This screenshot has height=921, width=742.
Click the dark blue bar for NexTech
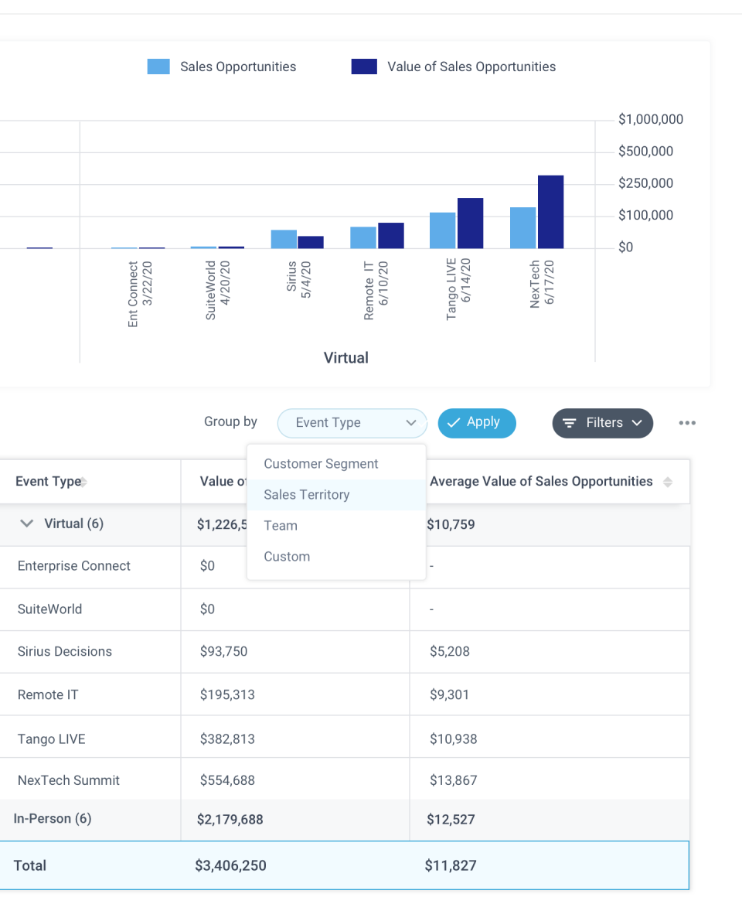point(550,212)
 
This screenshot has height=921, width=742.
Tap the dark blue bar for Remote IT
point(391,236)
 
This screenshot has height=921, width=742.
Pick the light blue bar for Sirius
point(284,239)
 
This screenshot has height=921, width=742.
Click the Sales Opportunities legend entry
point(222,67)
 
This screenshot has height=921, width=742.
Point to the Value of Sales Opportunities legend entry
point(454,67)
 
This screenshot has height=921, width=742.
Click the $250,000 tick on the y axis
point(645,183)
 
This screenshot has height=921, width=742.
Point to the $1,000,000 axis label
point(650,120)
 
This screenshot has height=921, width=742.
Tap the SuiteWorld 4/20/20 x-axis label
point(218,292)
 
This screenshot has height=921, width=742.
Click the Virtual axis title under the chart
point(345,357)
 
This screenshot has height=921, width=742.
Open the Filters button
point(603,423)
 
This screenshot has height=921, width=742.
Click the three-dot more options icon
point(687,423)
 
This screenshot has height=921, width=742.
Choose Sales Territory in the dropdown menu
point(307,495)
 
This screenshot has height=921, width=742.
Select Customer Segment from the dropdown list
point(321,464)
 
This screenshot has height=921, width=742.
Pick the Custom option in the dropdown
point(287,557)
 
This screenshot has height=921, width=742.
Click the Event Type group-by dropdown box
point(352,423)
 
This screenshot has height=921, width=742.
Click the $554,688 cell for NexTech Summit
point(227,780)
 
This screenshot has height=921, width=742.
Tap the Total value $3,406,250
point(230,865)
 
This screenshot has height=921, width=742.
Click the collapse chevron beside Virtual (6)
point(27,524)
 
